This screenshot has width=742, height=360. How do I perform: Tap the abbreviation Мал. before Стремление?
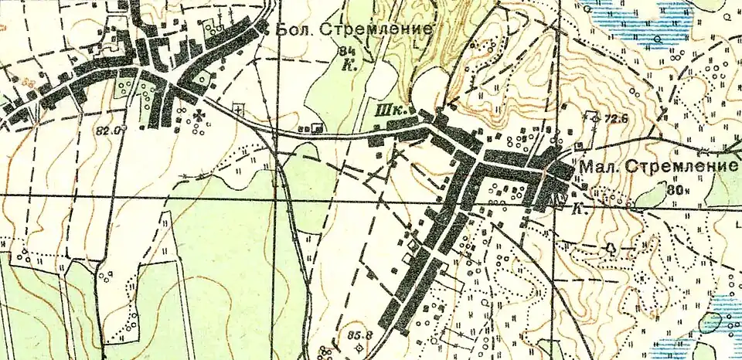(599, 167)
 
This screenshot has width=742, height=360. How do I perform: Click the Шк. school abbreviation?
(385, 113)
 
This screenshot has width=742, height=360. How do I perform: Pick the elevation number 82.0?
(110, 131)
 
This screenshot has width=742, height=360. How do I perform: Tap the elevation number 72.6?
(617, 118)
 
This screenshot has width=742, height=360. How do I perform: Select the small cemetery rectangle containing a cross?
(238, 107)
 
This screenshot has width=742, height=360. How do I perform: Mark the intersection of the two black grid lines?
(277, 197)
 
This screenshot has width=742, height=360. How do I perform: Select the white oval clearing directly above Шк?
(427, 82)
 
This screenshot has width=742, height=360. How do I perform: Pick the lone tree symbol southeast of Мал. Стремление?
(611, 248)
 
